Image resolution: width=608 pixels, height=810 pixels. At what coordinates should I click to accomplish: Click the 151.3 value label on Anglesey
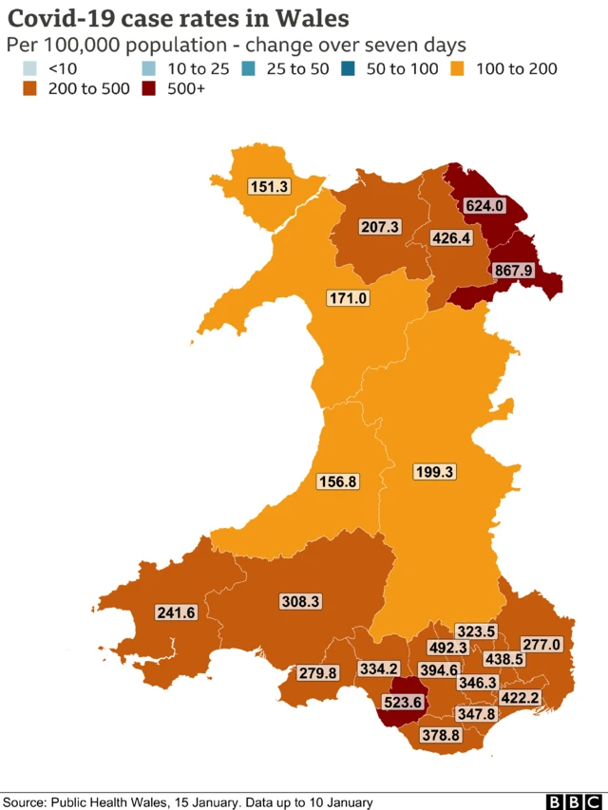click(x=269, y=187)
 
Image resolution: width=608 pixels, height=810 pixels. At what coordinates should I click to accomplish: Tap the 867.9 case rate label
click(x=513, y=271)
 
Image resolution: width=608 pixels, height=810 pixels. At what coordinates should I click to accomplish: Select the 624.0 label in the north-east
click(x=484, y=204)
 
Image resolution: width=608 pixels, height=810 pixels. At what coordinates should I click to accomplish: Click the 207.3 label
click(x=380, y=227)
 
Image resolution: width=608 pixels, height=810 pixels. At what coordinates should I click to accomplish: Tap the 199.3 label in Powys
click(x=436, y=471)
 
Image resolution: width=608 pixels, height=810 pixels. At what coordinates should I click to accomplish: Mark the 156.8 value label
click(x=337, y=481)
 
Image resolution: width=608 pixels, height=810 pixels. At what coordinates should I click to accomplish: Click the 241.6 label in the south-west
click(x=176, y=612)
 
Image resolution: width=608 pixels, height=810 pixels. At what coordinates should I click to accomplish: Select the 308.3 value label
click(x=300, y=601)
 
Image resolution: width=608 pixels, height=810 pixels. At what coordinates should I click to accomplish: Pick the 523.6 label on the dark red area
click(x=403, y=704)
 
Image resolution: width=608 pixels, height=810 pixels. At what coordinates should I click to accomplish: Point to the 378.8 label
click(x=442, y=734)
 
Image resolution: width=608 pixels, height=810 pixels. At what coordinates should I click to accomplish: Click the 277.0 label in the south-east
click(x=542, y=645)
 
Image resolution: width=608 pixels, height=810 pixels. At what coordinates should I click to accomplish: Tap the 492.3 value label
click(x=448, y=648)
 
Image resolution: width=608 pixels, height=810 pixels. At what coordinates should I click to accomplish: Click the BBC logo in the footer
click(x=566, y=801)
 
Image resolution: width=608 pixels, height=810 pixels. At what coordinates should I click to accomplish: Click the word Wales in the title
click(x=306, y=18)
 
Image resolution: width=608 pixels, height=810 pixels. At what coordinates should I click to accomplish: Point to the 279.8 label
click(x=317, y=673)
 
